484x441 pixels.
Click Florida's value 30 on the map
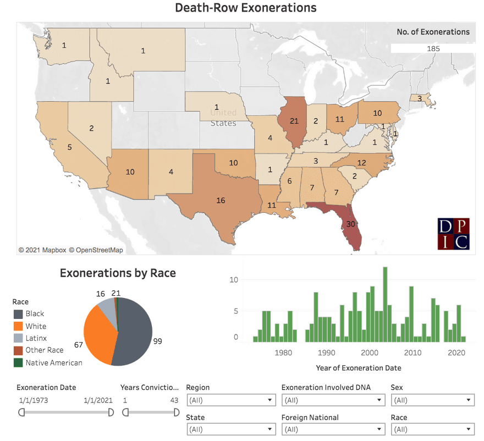[350, 224]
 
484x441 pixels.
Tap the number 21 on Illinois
[294, 121]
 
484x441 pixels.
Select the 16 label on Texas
[221, 201]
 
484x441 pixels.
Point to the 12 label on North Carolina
[361, 163]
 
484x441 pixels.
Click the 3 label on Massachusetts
[420, 99]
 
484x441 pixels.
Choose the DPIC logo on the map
[454, 234]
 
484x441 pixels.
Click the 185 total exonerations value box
[433, 48]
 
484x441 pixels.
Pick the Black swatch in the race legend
[18, 314]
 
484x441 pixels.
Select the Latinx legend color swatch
[18, 338]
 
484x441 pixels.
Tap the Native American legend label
[54, 362]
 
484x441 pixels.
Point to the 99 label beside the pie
[158, 341]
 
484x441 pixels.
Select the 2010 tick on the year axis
[413, 353]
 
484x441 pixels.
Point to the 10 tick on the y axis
[234, 279]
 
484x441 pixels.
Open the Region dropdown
[232, 400]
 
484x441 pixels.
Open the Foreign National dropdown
[333, 429]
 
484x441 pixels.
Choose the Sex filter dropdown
[432, 400]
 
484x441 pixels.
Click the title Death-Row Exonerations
[246, 8]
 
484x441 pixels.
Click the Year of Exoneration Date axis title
[358, 368]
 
